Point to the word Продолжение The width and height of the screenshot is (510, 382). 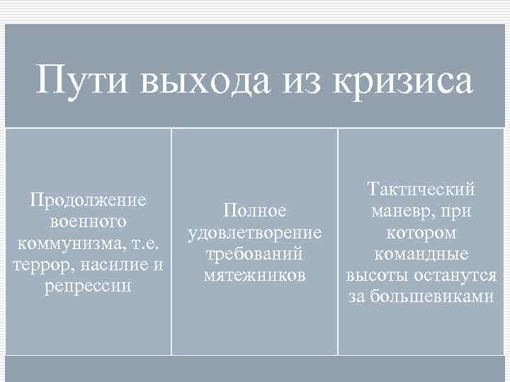(89, 200)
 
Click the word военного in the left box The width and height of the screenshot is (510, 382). (89, 222)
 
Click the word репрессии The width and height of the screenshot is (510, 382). (89, 288)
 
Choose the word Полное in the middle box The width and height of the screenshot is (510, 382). (254, 211)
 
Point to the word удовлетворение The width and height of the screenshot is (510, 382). (254, 233)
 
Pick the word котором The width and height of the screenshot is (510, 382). (421, 233)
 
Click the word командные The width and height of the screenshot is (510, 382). (421, 255)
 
